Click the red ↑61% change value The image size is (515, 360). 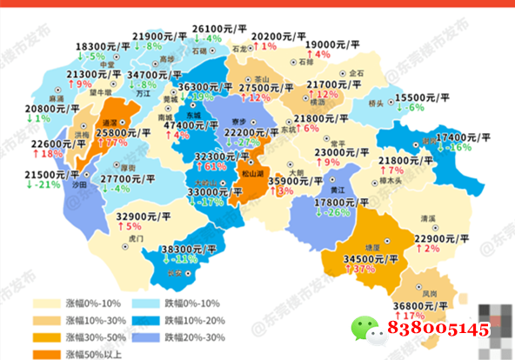[x=215, y=165]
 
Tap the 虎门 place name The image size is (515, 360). [x=135, y=237]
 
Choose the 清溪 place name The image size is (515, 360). [x=427, y=219]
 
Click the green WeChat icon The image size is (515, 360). [x=365, y=328]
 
